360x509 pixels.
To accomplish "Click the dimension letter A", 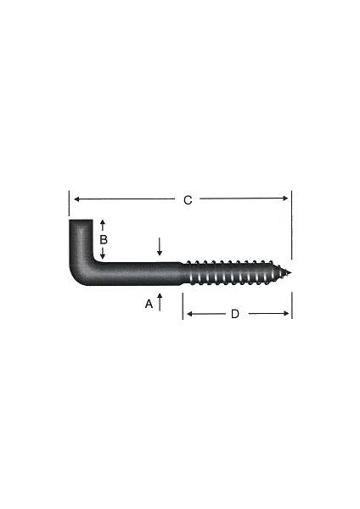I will [149, 304].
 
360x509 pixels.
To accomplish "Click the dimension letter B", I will [103, 240].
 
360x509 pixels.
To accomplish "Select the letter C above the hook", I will [188, 200].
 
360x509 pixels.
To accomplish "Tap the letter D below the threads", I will [235, 314].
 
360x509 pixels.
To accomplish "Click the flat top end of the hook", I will [81, 222].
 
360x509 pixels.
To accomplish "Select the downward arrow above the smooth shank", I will [160, 247].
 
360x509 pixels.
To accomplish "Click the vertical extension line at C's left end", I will [68, 204].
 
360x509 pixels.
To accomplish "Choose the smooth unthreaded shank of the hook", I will [140, 274].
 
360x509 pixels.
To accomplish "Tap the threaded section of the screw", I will [233, 272].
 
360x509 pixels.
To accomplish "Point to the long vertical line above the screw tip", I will [291, 225].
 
